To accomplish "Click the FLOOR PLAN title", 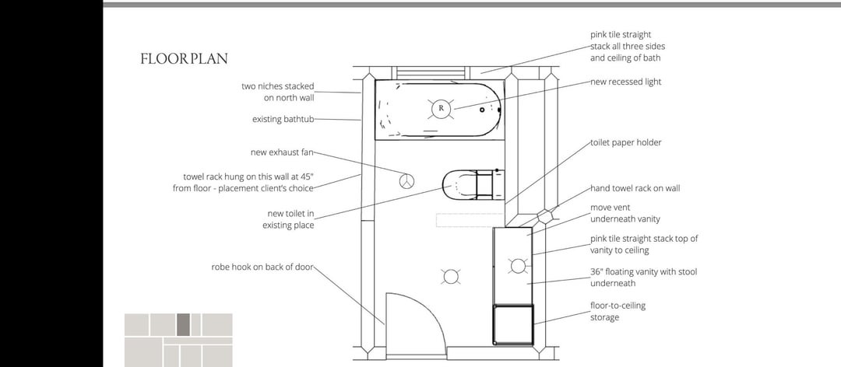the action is point(184,59).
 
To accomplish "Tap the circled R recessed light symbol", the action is point(441,108).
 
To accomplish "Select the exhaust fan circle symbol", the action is point(406,181).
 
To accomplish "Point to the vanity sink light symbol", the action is point(517,266).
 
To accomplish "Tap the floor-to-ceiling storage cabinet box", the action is point(513,324).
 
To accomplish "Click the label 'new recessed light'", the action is point(626,82).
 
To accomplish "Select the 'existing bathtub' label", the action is point(283,119).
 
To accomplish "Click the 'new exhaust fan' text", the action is point(282,152).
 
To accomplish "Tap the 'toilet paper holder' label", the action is point(626,143).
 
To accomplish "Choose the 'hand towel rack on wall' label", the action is point(635,189).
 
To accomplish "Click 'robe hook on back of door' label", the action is point(262,267).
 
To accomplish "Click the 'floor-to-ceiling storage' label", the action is point(618,311).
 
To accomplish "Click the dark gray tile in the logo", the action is point(183,325).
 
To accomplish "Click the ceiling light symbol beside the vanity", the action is point(451,277).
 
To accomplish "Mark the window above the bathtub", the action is point(429,73).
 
